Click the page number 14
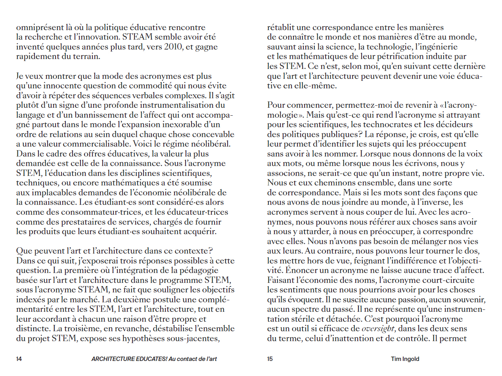pyautogui.click(x=19, y=359)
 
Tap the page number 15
pyautogui.click(x=270, y=359)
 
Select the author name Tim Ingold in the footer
pyautogui.click(x=405, y=359)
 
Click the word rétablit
pyautogui.click(x=281, y=28)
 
